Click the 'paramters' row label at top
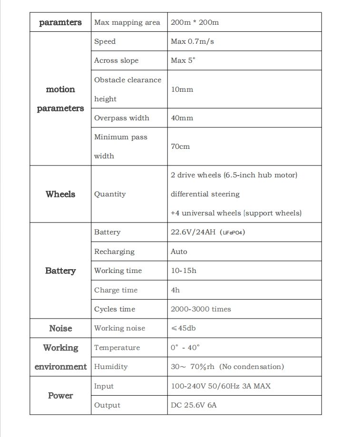pyautogui.click(x=60, y=22)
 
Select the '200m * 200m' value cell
pyautogui.click(x=195, y=22)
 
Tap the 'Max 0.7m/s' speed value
pyautogui.click(x=192, y=41)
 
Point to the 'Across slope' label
pyautogui.click(x=117, y=60)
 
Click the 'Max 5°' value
pyautogui.click(x=183, y=60)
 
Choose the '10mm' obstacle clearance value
pyautogui.click(x=182, y=89)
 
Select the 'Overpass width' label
pyautogui.click(x=122, y=118)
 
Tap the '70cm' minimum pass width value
pyautogui.click(x=180, y=146)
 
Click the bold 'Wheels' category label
pyautogui.click(x=60, y=194)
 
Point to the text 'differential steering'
pyautogui.click(x=205, y=194)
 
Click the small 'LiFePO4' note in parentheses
pyautogui.click(x=233, y=233)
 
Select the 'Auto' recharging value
pyautogui.click(x=179, y=252)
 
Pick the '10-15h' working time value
pyautogui.click(x=184, y=271)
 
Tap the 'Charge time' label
pyautogui.click(x=116, y=290)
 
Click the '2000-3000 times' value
pyautogui.click(x=201, y=309)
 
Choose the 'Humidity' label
pyautogui.click(x=111, y=367)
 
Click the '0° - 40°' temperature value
pyautogui.click(x=185, y=348)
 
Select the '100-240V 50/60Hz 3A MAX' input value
pyautogui.click(x=221, y=386)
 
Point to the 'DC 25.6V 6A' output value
pyautogui.click(x=194, y=405)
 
